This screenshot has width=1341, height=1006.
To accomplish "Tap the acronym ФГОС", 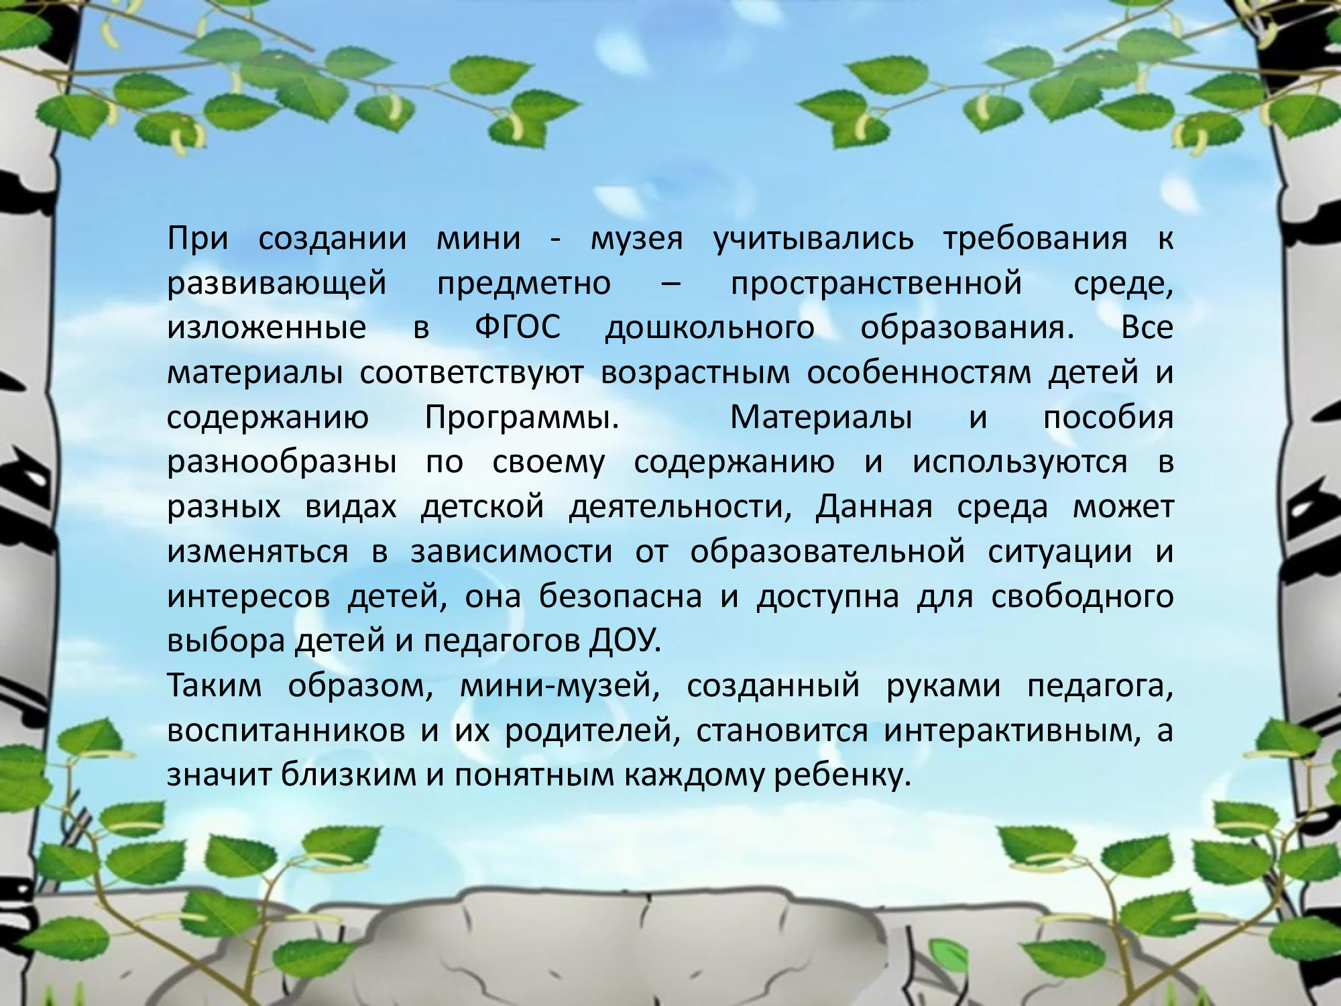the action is pos(518,328).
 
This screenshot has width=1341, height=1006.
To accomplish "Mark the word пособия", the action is pos(1108,417).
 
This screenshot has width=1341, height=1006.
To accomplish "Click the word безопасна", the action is pos(620,596).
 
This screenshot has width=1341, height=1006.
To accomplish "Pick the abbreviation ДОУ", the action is pos(625,641).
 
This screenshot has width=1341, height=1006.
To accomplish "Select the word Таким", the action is pos(215,685).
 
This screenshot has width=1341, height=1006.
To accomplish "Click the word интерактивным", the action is pos(1012,730).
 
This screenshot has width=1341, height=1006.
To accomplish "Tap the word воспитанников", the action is pos(286,730).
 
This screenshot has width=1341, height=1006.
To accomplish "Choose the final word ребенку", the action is pos(843,775).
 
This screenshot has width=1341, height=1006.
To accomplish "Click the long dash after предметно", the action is pos(671,284).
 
